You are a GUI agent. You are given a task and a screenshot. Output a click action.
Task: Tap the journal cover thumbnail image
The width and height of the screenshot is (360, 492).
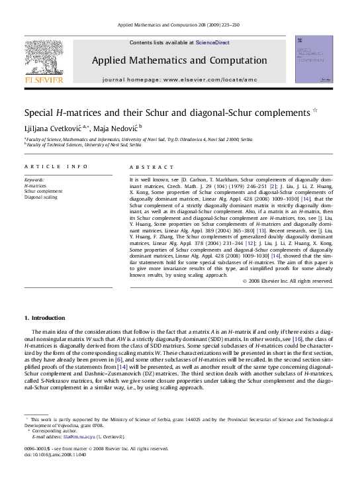click(x=314, y=60)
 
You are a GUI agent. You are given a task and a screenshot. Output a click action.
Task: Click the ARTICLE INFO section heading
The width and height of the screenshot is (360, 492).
click(x=56, y=167)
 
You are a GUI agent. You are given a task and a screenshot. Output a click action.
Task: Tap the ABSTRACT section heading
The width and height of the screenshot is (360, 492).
click(x=152, y=167)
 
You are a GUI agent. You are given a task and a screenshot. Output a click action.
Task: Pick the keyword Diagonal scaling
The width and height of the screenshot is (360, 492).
click(x=41, y=197)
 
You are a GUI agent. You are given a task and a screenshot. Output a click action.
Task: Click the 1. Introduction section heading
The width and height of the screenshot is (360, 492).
click(x=44, y=318)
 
